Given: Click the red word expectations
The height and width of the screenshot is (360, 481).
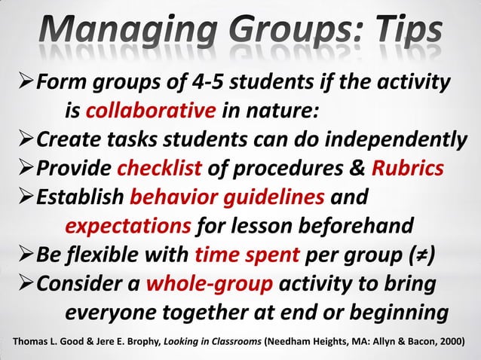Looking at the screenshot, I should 127,227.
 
